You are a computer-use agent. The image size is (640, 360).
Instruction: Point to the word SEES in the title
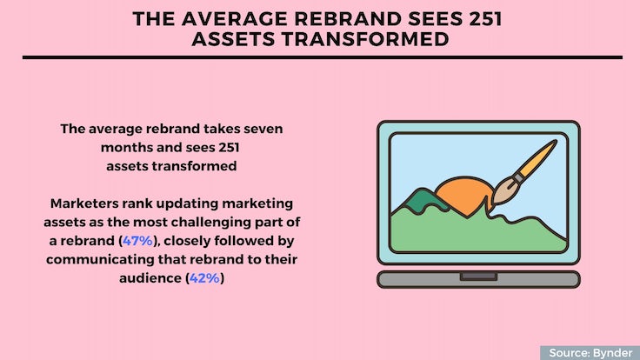coord(436,19)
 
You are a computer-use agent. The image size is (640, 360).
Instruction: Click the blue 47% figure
coord(137,241)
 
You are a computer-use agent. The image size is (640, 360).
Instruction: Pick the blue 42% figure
coord(204,278)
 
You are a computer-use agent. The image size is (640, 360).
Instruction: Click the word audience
coord(150,278)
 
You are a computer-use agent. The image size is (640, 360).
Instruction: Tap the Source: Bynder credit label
coord(590,353)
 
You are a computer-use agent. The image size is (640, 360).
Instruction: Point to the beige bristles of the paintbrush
coord(503,193)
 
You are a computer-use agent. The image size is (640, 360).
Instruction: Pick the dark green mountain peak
coord(420,200)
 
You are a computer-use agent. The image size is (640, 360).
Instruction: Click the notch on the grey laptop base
coord(478,277)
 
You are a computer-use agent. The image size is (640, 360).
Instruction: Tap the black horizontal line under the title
coord(323,57)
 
